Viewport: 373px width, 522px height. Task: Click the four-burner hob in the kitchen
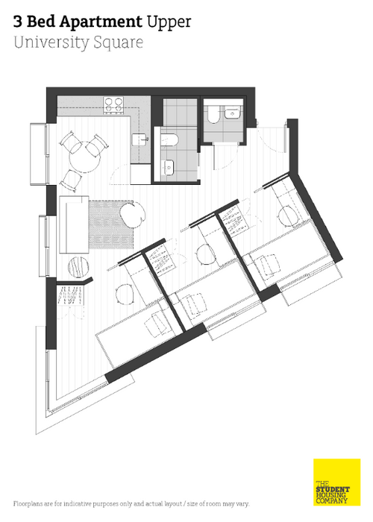click(113, 104)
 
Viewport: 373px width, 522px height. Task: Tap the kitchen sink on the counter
click(140, 140)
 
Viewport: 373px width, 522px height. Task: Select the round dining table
click(85, 157)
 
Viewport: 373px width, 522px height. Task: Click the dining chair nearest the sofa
click(71, 180)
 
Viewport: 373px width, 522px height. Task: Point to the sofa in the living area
click(74, 224)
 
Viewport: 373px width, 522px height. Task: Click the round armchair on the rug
click(133, 215)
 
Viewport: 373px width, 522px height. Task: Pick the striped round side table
click(79, 267)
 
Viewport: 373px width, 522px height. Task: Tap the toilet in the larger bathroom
click(169, 140)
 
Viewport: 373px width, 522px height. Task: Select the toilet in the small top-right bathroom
click(213, 114)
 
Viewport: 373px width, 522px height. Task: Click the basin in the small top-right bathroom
click(232, 113)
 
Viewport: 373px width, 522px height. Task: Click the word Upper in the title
click(169, 22)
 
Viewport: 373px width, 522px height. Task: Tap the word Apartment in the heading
click(101, 22)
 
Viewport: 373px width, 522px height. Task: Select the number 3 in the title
click(18, 22)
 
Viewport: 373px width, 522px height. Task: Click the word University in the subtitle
click(51, 43)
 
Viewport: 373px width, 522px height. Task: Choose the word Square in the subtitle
click(118, 43)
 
